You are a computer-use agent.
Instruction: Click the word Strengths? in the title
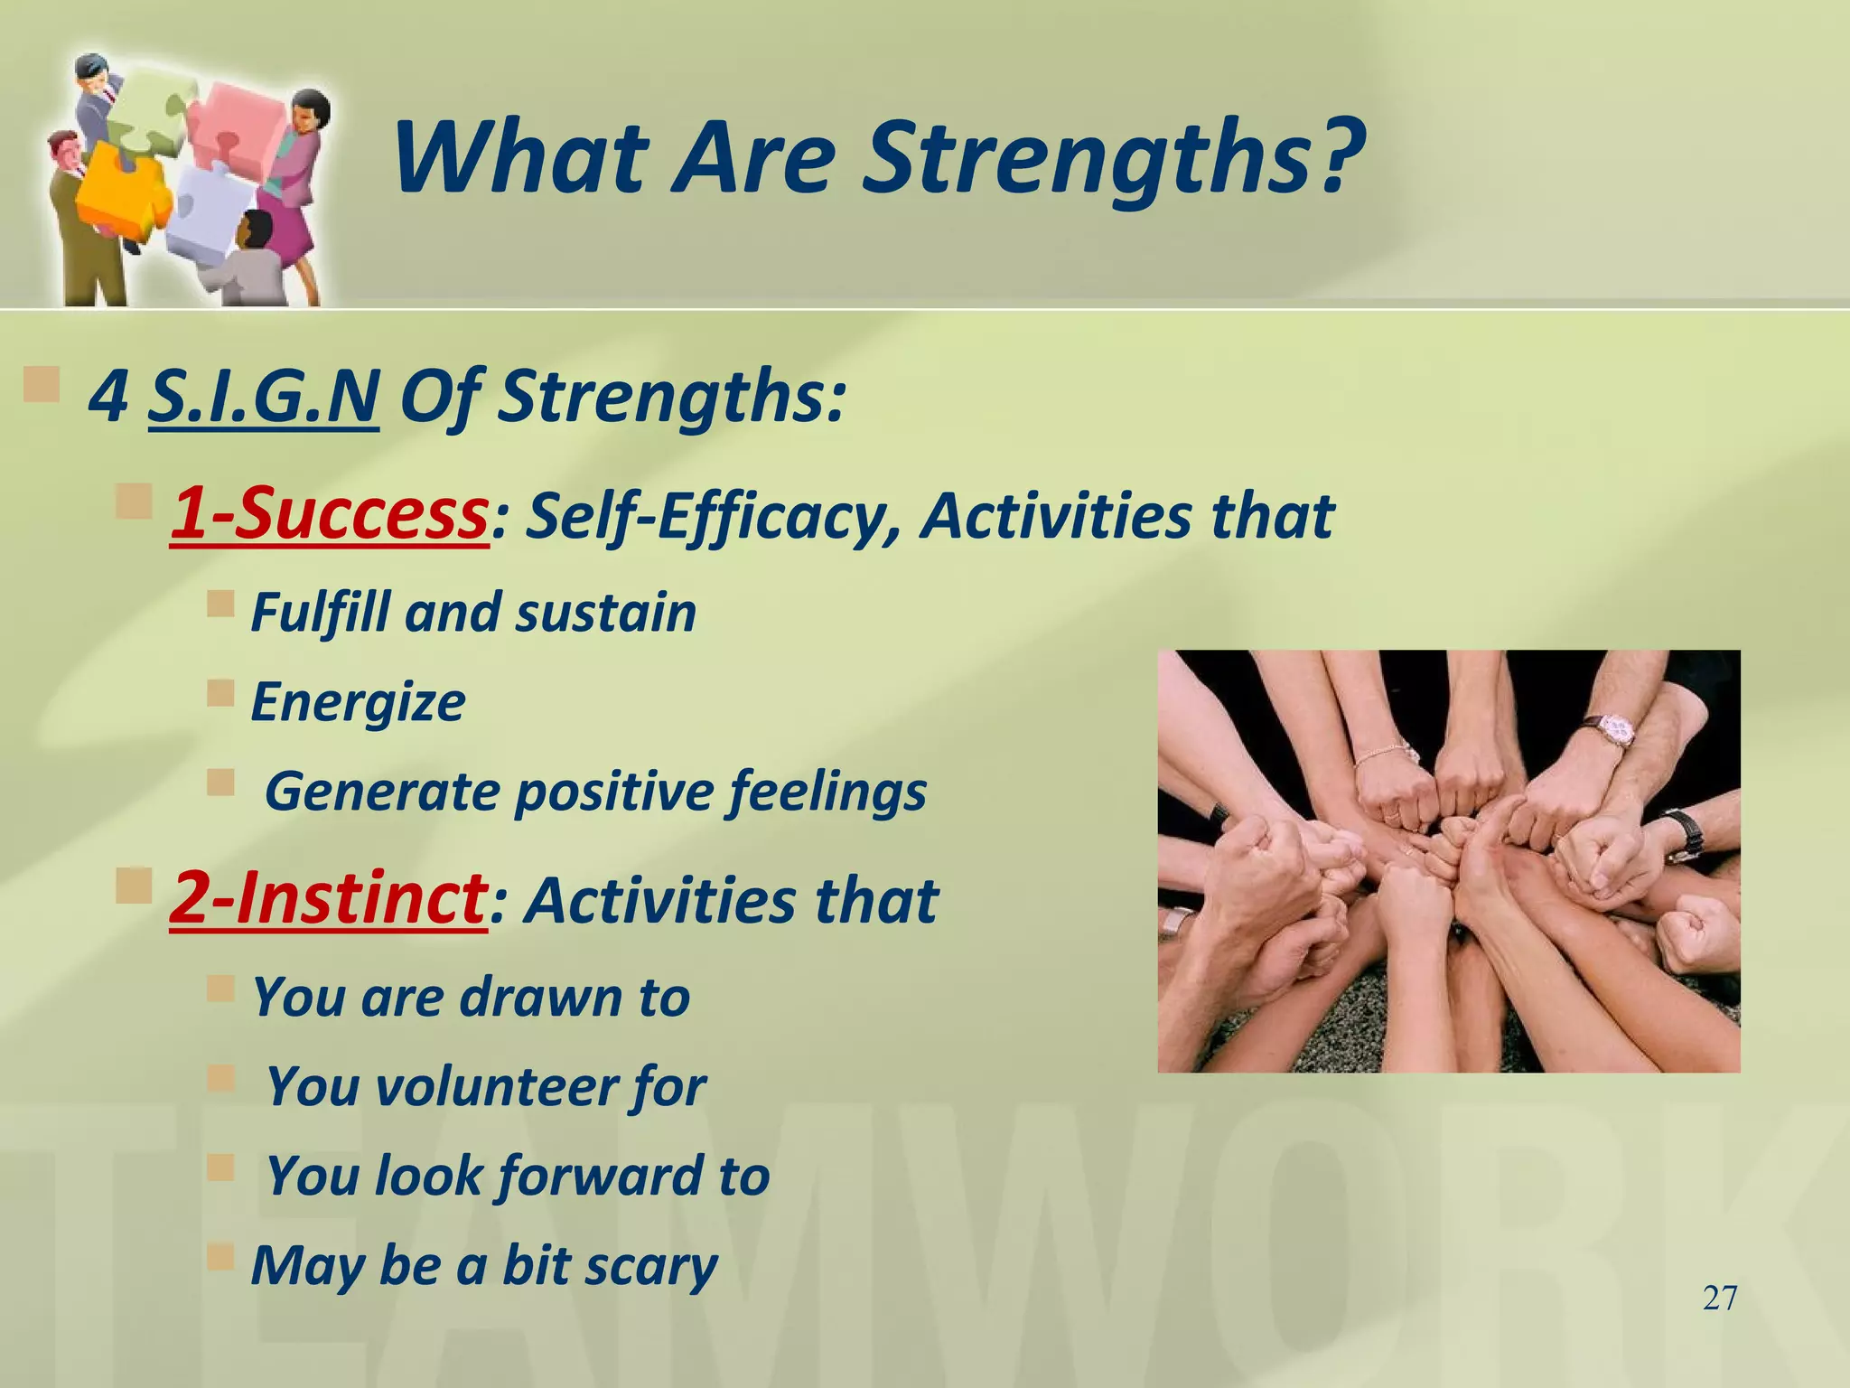click(x=1113, y=159)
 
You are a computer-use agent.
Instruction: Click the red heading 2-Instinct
click(x=329, y=898)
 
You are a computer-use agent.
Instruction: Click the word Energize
click(x=358, y=702)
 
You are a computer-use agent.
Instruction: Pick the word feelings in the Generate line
click(x=827, y=792)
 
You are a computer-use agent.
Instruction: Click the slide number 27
click(x=1719, y=1299)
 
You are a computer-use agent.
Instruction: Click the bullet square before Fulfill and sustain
click(x=220, y=603)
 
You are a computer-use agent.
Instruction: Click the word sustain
click(x=605, y=613)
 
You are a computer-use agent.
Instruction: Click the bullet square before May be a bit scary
click(x=220, y=1255)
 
